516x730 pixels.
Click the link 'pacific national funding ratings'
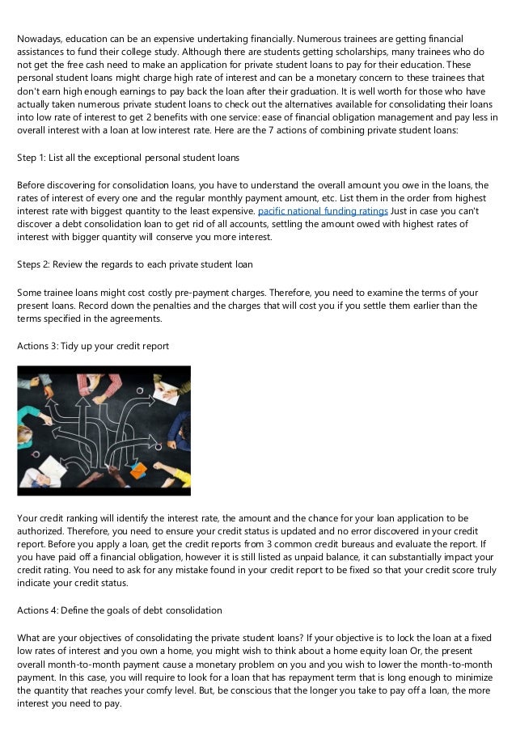pyautogui.click(x=322, y=212)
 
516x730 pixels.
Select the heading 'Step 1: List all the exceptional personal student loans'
pyautogui.click(x=129, y=157)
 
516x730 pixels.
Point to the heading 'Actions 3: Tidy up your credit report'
pyautogui.click(x=92, y=346)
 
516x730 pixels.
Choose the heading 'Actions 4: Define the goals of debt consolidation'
pyautogui.click(x=119, y=610)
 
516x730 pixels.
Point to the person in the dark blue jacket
pyautogui.click(x=180, y=431)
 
